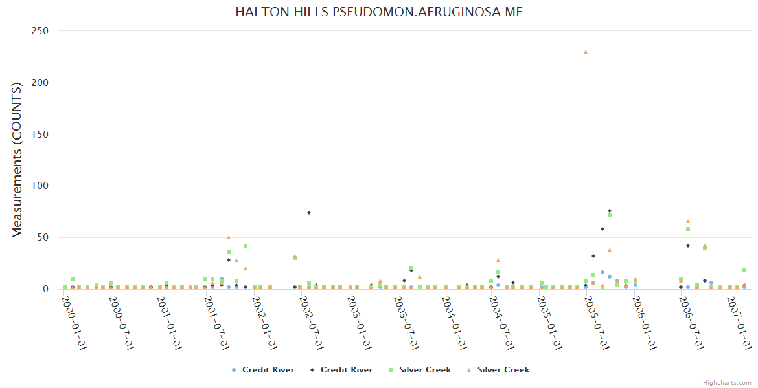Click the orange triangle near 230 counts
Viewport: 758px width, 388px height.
[586, 52]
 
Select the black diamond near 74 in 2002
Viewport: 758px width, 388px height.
[309, 213]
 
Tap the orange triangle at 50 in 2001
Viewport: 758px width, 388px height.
[229, 237]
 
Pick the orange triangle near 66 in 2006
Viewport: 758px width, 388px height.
[688, 221]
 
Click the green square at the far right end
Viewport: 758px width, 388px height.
[744, 270]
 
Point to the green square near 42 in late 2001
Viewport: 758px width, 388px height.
[246, 246]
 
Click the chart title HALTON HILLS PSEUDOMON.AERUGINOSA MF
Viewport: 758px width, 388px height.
[379, 12]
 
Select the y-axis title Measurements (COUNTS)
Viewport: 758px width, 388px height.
[17, 160]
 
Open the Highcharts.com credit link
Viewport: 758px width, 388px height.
[727, 383]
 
